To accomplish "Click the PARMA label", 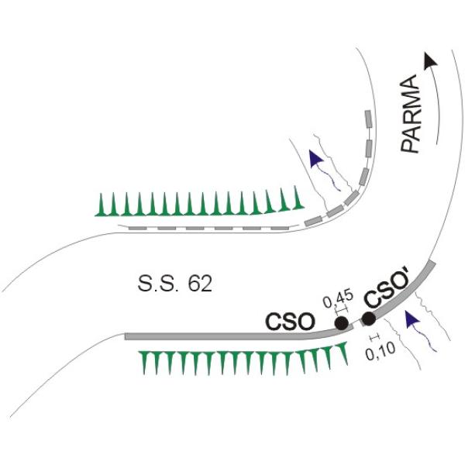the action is [410, 114].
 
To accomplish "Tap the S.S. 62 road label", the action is [175, 284].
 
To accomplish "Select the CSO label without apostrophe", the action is [290, 322].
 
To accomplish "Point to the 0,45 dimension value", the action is [338, 299].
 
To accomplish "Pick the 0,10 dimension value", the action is [381, 351].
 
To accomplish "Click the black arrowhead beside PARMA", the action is [431, 61].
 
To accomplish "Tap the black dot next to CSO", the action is [341, 323].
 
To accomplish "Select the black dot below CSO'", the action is [369, 319].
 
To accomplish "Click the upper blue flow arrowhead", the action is [315, 159].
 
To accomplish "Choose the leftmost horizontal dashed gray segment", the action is [137, 229].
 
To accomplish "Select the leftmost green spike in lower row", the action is [145, 363].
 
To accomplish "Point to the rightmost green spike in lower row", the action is [343, 353].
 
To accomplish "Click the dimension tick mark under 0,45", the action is [341, 310].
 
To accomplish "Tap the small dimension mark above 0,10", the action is [374, 336].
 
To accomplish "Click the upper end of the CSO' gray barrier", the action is [432, 263].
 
